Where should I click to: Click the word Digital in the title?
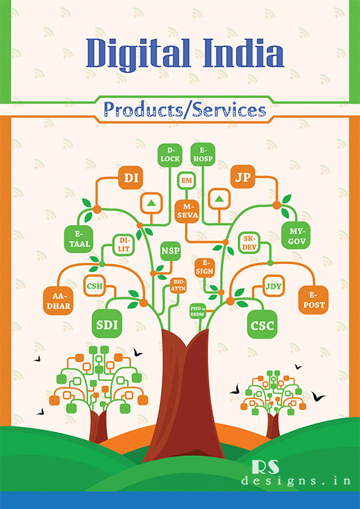[x=139, y=53]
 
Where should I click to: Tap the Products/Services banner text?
[x=185, y=109]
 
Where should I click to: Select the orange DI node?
[x=131, y=178]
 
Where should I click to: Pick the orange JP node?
[x=243, y=177]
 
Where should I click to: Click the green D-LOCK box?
[x=170, y=155]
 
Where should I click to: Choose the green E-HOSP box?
[x=203, y=155]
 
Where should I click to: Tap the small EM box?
[x=186, y=181]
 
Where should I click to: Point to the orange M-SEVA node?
[x=187, y=211]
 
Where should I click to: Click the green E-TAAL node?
[x=79, y=239]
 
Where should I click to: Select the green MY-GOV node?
[x=296, y=236]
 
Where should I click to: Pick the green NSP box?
[x=170, y=251]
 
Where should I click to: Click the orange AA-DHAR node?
[x=58, y=301]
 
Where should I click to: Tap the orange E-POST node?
[x=314, y=300]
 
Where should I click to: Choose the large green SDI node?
[x=107, y=324]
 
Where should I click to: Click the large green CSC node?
[x=263, y=325]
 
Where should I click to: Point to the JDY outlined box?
[x=274, y=286]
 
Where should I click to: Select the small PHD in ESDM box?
[x=198, y=311]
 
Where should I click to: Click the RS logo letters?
[x=265, y=467]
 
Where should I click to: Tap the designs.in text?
[x=296, y=480]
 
